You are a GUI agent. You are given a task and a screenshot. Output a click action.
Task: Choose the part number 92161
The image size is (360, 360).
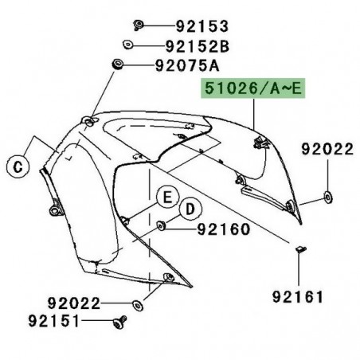point(298,297)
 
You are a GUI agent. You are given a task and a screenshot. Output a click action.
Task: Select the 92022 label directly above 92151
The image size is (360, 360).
point(74,303)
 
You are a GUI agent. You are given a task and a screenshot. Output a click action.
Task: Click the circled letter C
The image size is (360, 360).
point(17,167)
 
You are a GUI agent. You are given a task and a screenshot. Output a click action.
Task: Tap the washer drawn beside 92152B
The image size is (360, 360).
point(127,44)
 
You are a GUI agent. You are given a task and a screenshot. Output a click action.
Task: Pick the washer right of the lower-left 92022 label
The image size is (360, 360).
point(139,304)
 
